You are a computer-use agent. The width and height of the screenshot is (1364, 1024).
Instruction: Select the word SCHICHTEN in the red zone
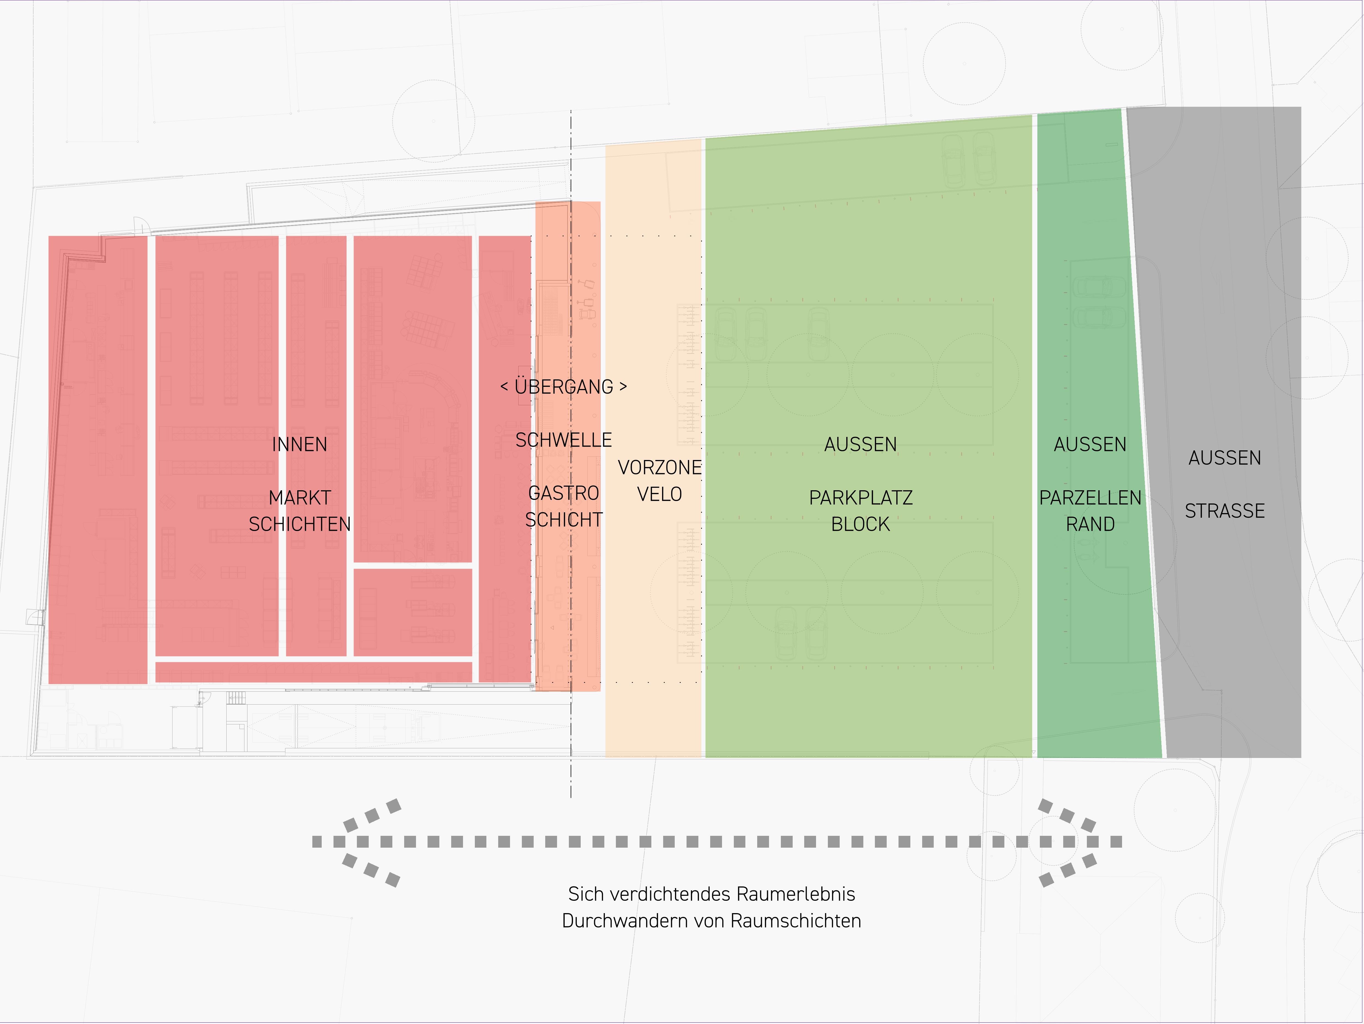pyautogui.click(x=300, y=524)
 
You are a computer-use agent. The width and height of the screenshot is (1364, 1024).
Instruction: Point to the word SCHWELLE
pyautogui.click(x=564, y=440)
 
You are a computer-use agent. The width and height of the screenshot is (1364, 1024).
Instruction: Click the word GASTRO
pyautogui.click(x=564, y=494)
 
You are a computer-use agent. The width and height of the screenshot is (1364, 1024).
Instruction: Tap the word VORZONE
pyautogui.click(x=660, y=468)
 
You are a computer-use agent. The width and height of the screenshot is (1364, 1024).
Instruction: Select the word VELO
pyautogui.click(x=660, y=494)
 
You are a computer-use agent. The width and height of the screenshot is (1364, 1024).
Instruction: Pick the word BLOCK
pyautogui.click(x=861, y=524)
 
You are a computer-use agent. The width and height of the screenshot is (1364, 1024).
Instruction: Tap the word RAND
pyautogui.click(x=1090, y=524)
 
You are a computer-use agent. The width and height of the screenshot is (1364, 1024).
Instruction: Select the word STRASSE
pyautogui.click(x=1225, y=511)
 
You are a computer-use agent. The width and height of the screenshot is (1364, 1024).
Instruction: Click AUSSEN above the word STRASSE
pyautogui.click(x=1225, y=458)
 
